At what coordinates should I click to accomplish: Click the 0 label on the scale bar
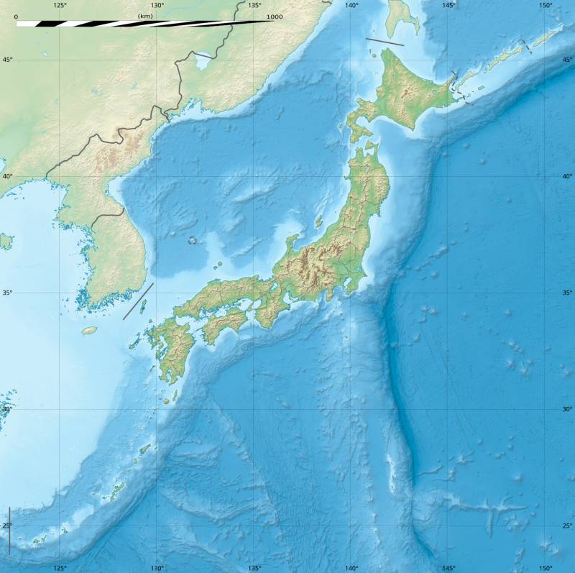[16, 17]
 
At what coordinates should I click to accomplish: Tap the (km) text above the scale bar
[144, 15]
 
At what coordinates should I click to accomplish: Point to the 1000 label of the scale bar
[274, 17]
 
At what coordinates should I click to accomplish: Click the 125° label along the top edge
[60, 6]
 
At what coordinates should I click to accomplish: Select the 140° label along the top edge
[351, 6]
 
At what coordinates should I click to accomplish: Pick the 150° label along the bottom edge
[546, 567]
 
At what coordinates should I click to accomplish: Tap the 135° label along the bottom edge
[254, 567]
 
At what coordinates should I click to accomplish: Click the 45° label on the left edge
[6, 60]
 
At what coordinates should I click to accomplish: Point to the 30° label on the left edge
[6, 409]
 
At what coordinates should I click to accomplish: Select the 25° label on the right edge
[567, 526]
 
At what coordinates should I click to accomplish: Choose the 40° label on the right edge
[567, 176]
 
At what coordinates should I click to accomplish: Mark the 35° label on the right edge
[567, 293]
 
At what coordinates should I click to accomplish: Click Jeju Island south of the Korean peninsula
[89, 331]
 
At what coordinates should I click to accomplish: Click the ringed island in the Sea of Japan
[193, 240]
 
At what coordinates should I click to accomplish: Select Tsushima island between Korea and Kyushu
[142, 307]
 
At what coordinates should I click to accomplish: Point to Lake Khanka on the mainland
[203, 62]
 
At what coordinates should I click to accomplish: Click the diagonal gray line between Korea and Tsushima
[138, 301]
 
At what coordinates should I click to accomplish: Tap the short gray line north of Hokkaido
[385, 42]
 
